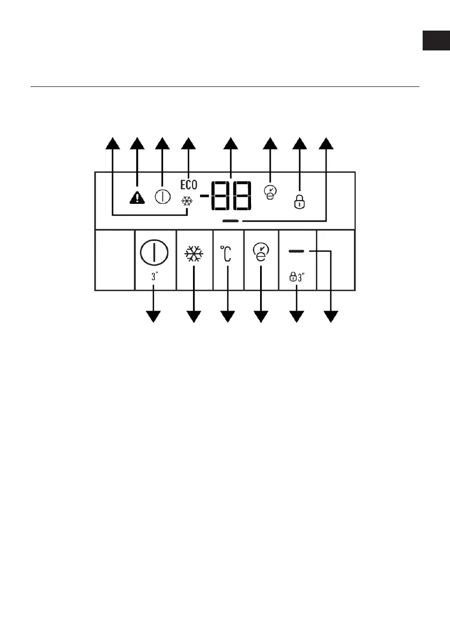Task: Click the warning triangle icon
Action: [x=137, y=197]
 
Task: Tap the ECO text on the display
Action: [x=189, y=185]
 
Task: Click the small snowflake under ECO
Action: [x=188, y=200]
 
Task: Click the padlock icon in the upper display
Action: [x=300, y=202]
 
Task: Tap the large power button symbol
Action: [x=154, y=253]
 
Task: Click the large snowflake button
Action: [x=194, y=253]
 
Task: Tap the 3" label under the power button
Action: [x=154, y=278]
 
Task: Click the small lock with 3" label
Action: [x=296, y=278]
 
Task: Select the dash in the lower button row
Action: [x=296, y=251]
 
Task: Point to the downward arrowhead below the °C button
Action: [x=228, y=317]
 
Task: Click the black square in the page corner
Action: [x=436, y=41]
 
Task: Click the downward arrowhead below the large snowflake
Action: [x=194, y=317]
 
